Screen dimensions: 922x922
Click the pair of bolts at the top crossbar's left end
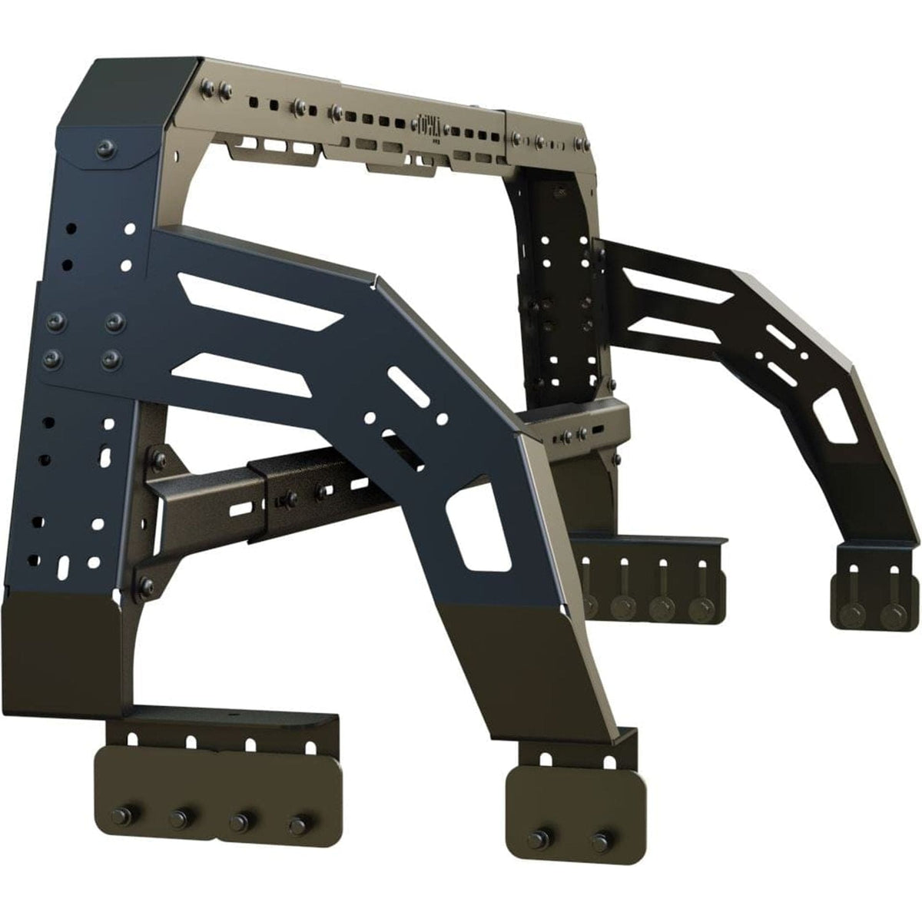tap(215, 93)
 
